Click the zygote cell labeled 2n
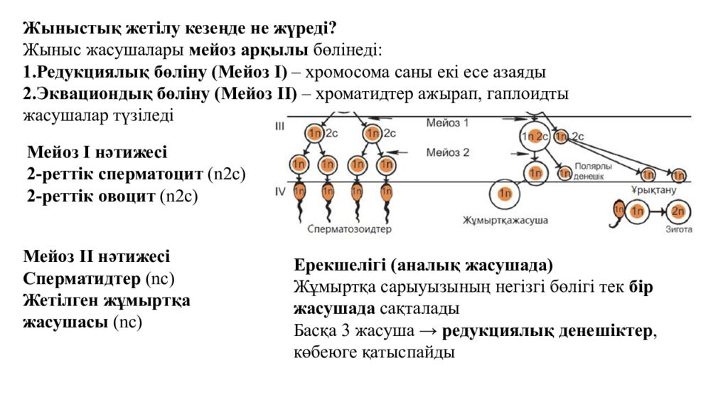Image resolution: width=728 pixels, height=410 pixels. (679, 211)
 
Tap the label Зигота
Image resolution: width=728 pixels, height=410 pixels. (678, 230)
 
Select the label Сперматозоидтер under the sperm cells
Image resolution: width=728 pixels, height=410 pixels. (350, 229)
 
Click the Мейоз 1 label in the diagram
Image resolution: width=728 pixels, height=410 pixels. (448, 123)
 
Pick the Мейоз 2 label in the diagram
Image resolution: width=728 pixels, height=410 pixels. (448, 152)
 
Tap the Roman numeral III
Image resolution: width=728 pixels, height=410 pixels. (279, 126)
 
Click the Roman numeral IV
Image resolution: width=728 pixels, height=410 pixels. (279, 191)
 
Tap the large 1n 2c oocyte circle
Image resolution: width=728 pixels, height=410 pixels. (534, 137)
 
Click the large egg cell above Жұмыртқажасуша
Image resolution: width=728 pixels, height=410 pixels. (504, 192)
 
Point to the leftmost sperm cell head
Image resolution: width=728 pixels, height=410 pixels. (299, 190)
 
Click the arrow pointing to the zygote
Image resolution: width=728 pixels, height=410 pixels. (658, 211)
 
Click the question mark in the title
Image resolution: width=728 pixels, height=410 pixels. (332, 28)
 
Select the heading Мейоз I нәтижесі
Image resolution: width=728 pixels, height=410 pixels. (97, 152)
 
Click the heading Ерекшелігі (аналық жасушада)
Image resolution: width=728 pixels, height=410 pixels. (423, 266)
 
